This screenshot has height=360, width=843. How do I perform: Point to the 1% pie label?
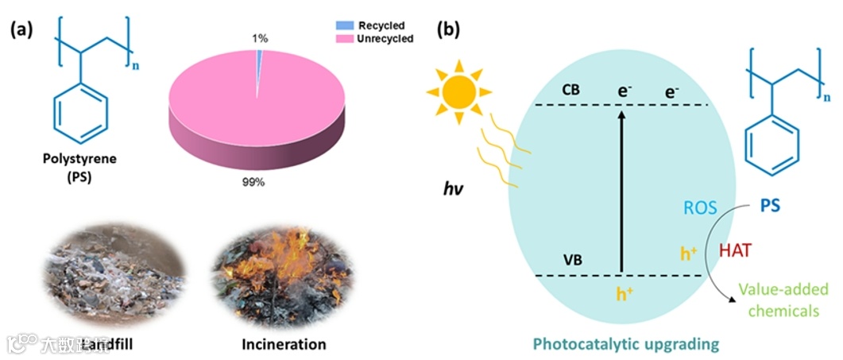tap(260, 37)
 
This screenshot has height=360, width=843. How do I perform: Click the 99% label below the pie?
tap(255, 182)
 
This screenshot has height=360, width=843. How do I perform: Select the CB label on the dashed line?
tap(570, 90)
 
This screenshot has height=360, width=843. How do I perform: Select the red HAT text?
tap(736, 250)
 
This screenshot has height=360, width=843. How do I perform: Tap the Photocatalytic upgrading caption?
tap(626, 344)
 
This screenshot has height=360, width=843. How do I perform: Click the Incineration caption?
tap(284, 344)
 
